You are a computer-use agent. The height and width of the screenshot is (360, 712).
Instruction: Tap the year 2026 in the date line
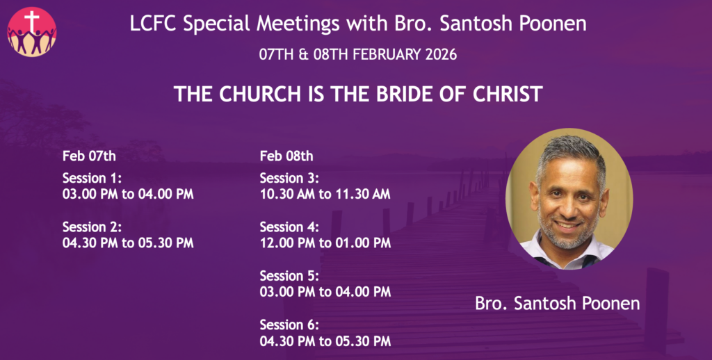point(441,54)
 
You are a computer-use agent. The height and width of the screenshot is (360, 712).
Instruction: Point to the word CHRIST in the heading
point(508,94)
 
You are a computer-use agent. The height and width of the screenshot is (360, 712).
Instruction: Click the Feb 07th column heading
point(89,156)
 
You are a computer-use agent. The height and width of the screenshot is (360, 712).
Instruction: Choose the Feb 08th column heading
point(286,156)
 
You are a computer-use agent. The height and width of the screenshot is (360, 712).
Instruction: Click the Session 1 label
point(92,178)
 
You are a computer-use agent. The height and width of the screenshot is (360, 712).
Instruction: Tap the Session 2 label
point(92,227)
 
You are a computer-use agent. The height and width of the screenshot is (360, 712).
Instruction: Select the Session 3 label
point(290,178)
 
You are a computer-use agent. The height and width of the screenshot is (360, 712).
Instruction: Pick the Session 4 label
point(290,227)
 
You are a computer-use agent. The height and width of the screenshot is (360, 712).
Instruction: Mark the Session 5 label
point(290,276)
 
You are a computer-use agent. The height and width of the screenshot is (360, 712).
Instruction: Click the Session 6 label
point(290,325)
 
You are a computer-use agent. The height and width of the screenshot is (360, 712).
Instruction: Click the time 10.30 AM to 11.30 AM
point(325,195)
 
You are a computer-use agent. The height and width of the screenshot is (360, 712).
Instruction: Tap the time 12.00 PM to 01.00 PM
point(325,243)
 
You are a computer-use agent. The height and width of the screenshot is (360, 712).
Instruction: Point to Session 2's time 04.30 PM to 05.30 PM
point(128,243)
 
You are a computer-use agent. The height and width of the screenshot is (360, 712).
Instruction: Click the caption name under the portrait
point(558,303)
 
